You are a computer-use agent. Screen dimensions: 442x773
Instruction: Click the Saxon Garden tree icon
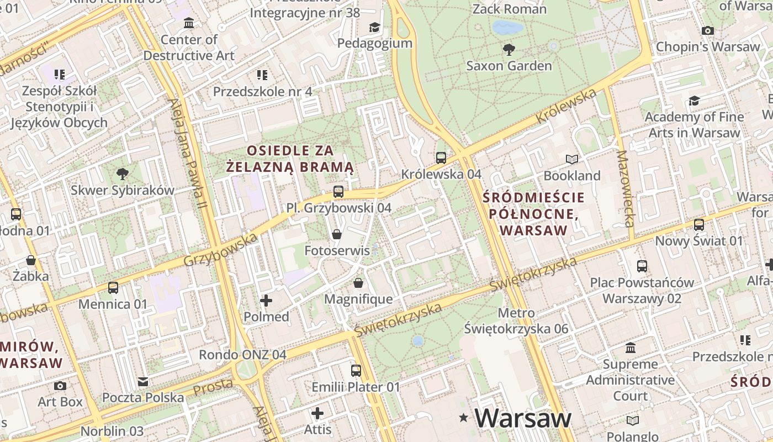tap(509, 50)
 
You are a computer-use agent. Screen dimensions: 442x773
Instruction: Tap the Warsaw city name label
tap(522, 418)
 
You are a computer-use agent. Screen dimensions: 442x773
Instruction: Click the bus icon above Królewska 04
tap(441, 158)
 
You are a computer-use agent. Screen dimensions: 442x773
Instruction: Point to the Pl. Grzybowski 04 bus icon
tap(338, 192)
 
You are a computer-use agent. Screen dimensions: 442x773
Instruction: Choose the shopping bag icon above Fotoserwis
tap(337, 234)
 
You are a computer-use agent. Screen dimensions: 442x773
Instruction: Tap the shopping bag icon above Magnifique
tap(358, 283)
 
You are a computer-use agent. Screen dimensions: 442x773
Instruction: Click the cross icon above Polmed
tap(266, 301)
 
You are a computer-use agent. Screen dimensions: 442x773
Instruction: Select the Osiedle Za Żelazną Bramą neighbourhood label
tap(290, 159)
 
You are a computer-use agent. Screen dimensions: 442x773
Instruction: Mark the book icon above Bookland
tap(572, 160)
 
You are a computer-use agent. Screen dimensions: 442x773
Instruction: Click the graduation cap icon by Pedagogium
tap(374, 27)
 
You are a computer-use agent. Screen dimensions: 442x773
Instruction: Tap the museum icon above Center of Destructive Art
tap(189, 23)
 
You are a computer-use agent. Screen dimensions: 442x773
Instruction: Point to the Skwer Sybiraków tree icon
tap(123, 174)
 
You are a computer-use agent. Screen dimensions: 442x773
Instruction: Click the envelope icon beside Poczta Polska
tap(143, 381)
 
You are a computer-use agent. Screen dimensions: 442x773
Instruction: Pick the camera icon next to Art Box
tap(60, 386)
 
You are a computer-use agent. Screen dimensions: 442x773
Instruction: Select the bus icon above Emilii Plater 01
tap(356, 370)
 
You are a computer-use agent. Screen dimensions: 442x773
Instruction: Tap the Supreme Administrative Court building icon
tap(631, 348)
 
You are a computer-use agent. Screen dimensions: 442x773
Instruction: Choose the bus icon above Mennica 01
tap(113, 287)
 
